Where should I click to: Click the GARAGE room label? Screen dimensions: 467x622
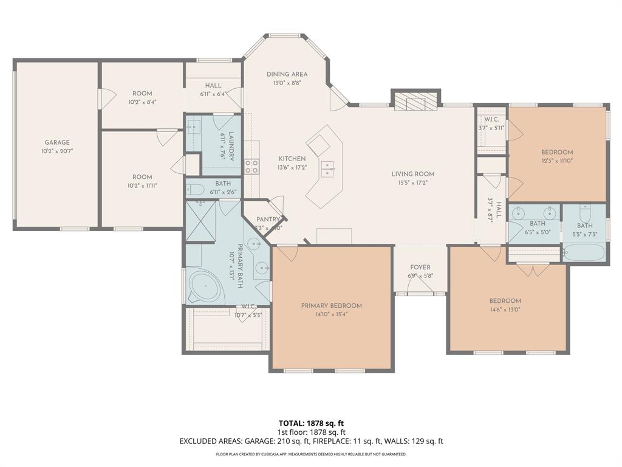pos(56,142)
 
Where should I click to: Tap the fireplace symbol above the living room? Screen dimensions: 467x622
pos(416,102)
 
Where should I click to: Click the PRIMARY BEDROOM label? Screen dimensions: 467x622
pos(331,305)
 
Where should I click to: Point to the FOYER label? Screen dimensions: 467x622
pos(420,267)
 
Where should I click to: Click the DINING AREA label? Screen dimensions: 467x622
pos(287,74)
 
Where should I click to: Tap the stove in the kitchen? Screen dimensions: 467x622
pos(251,167)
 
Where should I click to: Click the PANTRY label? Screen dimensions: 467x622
pos(268,220)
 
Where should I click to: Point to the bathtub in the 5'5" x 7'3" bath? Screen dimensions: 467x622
pos(584,252)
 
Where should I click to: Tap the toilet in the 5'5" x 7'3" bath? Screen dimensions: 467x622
pos(585,213)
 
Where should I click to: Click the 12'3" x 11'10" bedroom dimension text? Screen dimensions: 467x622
pos(557,161)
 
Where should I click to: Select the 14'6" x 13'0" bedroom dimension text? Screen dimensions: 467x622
pos(505,309)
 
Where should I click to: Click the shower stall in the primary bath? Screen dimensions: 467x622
pos(200,221)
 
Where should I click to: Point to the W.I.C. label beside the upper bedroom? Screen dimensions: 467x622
pos(491,119)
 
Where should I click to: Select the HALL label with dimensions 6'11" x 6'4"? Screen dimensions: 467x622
pos(213,86)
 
